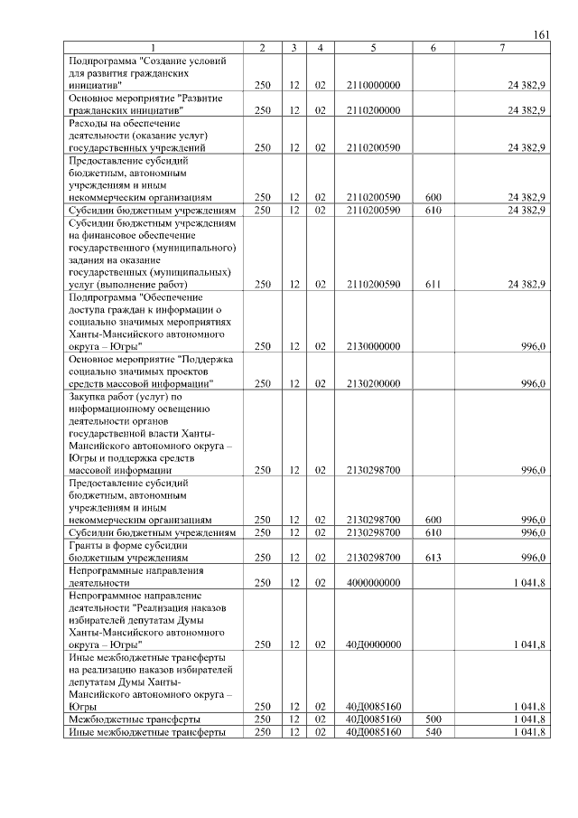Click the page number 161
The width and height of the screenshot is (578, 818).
coord(542,34)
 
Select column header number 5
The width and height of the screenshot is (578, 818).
coord(373,47)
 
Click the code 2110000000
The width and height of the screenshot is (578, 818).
coord(373,84)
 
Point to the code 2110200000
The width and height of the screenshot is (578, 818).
coord(373,110)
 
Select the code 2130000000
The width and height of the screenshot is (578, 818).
coord(373,345)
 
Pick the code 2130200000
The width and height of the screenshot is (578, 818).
coord(373,383)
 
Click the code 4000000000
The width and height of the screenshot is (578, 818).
coord(373,583)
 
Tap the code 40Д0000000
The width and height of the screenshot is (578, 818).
coord(373,644)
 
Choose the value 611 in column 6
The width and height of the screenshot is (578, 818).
coord(433,284)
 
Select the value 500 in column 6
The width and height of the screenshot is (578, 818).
coord(433,719)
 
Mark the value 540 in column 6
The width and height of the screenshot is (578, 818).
coord(433,731)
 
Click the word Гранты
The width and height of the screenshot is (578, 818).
coord(87,546)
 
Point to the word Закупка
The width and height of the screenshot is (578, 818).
coord(89,396)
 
